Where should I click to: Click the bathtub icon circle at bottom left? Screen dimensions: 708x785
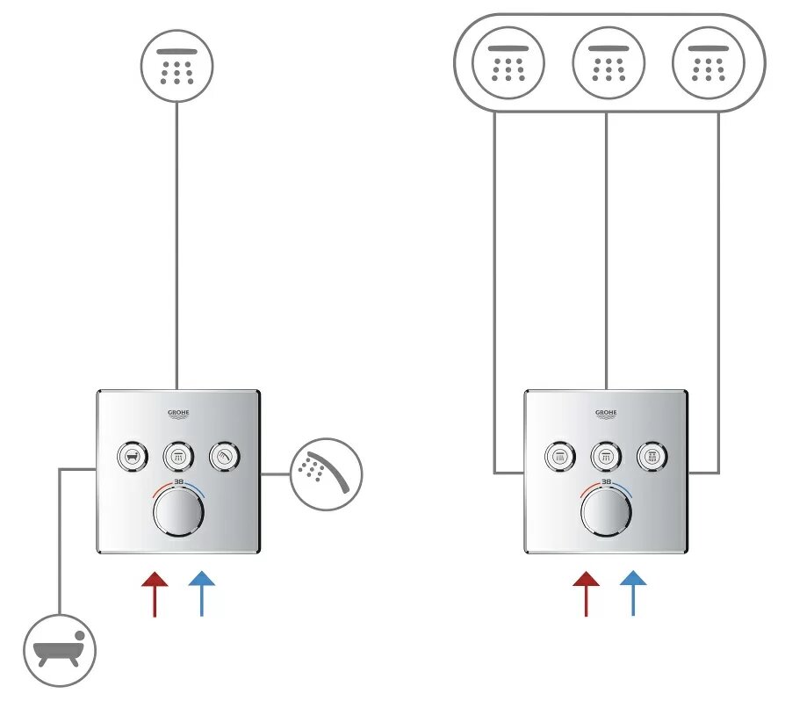point(59,651)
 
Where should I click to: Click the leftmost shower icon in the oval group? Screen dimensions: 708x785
point(508,64)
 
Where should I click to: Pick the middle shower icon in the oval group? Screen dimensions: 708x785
point(608,64)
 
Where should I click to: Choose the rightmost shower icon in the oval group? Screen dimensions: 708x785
point(708,64)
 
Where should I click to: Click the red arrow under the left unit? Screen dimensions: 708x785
point(155,593)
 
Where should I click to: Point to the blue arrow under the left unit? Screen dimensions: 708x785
point(201,593)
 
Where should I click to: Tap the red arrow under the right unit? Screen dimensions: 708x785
point(586,593)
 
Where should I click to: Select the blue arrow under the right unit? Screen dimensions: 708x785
point(632,593)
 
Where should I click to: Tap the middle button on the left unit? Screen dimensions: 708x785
point(177,456)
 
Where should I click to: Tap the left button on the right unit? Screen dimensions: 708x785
point(559,456)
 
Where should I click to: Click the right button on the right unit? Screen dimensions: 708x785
point(653,456)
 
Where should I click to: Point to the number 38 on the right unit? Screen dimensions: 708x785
point(607,482)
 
